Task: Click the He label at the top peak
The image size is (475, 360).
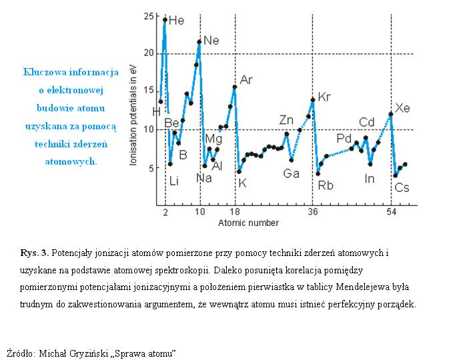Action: coord(176,21)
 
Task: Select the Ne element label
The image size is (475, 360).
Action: coord(211,41)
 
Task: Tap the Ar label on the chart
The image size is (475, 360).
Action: coord(246,80)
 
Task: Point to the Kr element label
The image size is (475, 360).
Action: coord(324,97)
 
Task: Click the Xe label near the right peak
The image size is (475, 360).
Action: coord(402,107)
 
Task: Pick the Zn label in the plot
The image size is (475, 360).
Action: coord(286,120)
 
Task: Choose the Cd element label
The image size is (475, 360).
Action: coord(367,122)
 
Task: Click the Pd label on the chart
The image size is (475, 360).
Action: coord(344,138)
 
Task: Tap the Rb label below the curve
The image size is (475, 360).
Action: coord(325,185)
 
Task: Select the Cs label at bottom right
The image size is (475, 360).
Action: coord(402,188)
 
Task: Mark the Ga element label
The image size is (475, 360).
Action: coord(291,173)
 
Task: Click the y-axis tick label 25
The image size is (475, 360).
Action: coord(149,15)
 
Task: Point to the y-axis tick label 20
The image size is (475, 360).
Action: coord(149,53)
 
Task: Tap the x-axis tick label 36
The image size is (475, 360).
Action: coord(312,212)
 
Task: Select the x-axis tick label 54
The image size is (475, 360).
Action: coord(391,212)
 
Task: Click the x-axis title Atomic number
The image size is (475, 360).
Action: coord(248,223)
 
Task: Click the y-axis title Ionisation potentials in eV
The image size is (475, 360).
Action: coord(133,117)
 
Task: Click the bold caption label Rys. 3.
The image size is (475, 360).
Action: coord(34,253)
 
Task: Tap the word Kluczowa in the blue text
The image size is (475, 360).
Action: coord(45,71)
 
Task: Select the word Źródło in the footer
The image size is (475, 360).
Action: coord(21,353)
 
